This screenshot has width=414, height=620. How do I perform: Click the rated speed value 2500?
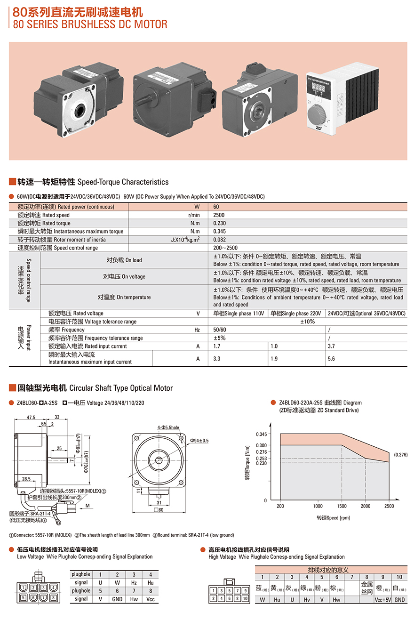click(x=218, y=215)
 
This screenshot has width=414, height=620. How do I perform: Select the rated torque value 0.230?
click(x=219, y=223)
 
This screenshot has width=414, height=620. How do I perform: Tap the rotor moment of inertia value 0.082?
click(x=219, y=240)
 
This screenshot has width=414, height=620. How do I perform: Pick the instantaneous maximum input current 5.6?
click(x=332, y=359)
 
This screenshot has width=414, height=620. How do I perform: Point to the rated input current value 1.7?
click(x=217, y=346)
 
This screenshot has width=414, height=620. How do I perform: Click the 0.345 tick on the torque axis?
click(x=261, y=434)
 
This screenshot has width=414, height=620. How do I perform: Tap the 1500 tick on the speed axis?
click(x=342, y=507)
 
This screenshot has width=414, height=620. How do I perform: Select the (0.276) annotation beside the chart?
click(x=400, y=455)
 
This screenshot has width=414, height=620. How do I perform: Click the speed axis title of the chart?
click(x=333, y=518)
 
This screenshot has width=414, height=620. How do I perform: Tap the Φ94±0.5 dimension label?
click(x=199, y=441)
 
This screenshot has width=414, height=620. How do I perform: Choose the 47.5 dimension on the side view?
click(x=32, y=418)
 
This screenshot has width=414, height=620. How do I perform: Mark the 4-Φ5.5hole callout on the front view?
click(x=168, y=428)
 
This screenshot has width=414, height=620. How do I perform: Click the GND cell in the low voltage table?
click(x=117, y=599)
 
